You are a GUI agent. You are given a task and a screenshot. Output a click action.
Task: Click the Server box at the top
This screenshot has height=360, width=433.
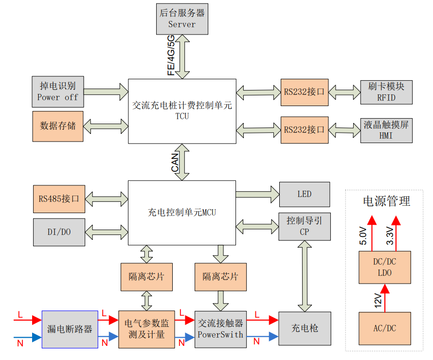(x=182, y=18)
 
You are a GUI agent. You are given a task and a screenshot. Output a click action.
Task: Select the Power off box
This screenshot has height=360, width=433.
(x=57, y=91)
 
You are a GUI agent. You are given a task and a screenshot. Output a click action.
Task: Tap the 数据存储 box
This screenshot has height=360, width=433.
(x=57, y=126)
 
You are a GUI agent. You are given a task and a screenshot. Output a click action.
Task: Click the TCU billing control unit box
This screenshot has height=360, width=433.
(x=182, y=111)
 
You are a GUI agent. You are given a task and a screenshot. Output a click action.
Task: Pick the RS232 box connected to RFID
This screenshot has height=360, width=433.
(x=305, y=91)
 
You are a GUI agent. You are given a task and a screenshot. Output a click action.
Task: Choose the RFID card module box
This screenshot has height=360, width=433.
(x=386, y=91)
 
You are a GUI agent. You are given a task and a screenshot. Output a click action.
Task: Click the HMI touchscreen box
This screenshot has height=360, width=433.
(x=386, y=130)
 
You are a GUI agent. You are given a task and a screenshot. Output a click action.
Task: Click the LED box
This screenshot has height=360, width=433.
(x=304, y=194)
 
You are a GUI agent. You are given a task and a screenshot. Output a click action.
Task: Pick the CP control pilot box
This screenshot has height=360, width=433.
(x=304, y=226)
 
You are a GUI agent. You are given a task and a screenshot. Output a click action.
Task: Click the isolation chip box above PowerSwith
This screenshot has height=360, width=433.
(x=220, y=276)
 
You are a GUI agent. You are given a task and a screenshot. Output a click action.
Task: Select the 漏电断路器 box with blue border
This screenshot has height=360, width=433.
(x=70, y=329)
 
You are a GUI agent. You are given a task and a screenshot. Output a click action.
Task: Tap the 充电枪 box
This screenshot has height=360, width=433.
(x=304, y=328)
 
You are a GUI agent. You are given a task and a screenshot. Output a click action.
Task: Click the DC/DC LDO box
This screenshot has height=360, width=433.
(x=384, y=267)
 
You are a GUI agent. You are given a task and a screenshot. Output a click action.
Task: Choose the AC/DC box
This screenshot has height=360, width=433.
(x=384, y=328)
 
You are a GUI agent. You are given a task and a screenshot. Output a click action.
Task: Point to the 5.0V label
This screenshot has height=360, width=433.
(x=363, y=235)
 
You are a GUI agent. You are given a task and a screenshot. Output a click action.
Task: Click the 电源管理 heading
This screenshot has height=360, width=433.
(x=386, y=201)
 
